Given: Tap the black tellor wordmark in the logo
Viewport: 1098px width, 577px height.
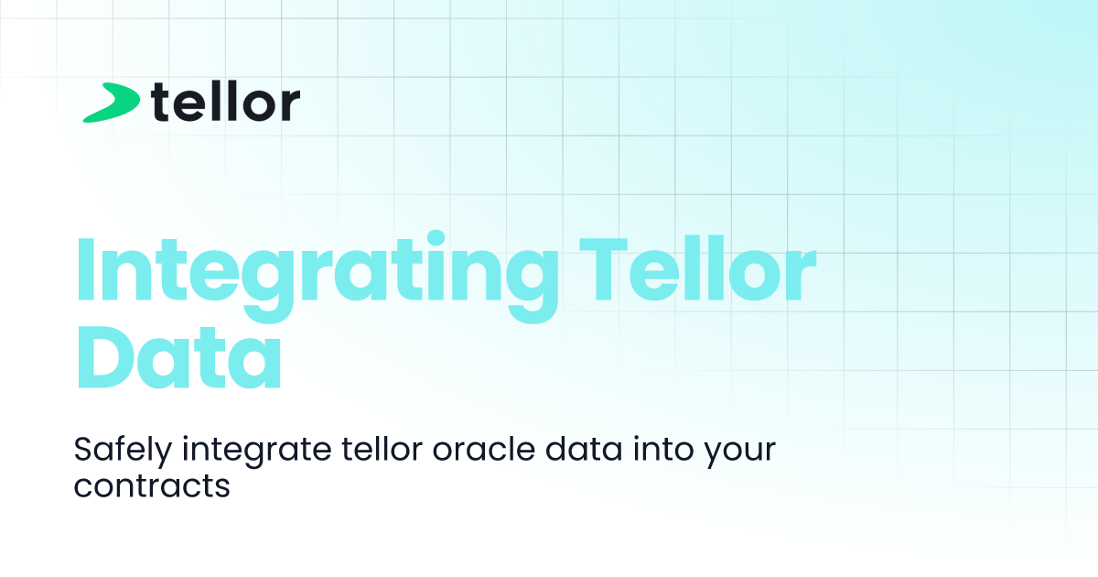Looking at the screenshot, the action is [x=225, y=101].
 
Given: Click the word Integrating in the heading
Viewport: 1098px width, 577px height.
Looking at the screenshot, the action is [x=317, y=275].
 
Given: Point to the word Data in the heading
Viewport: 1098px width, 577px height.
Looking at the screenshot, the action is [x=179, y=355].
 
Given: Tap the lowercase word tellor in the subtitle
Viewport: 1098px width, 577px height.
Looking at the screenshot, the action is [x=382, y=449].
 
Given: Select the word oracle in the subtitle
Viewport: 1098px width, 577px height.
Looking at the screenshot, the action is [x=484, y=449].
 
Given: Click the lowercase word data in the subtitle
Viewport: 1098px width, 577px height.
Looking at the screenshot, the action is [x=584, y=449].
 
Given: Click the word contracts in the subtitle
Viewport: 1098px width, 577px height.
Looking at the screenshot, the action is [x=152, y=485].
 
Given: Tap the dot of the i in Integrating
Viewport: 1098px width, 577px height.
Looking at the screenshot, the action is [x=436, y=238].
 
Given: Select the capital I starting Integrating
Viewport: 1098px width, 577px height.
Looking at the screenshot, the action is [x=84, y=268].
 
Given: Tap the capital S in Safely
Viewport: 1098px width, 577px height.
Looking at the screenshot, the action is [x=84, y=449].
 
